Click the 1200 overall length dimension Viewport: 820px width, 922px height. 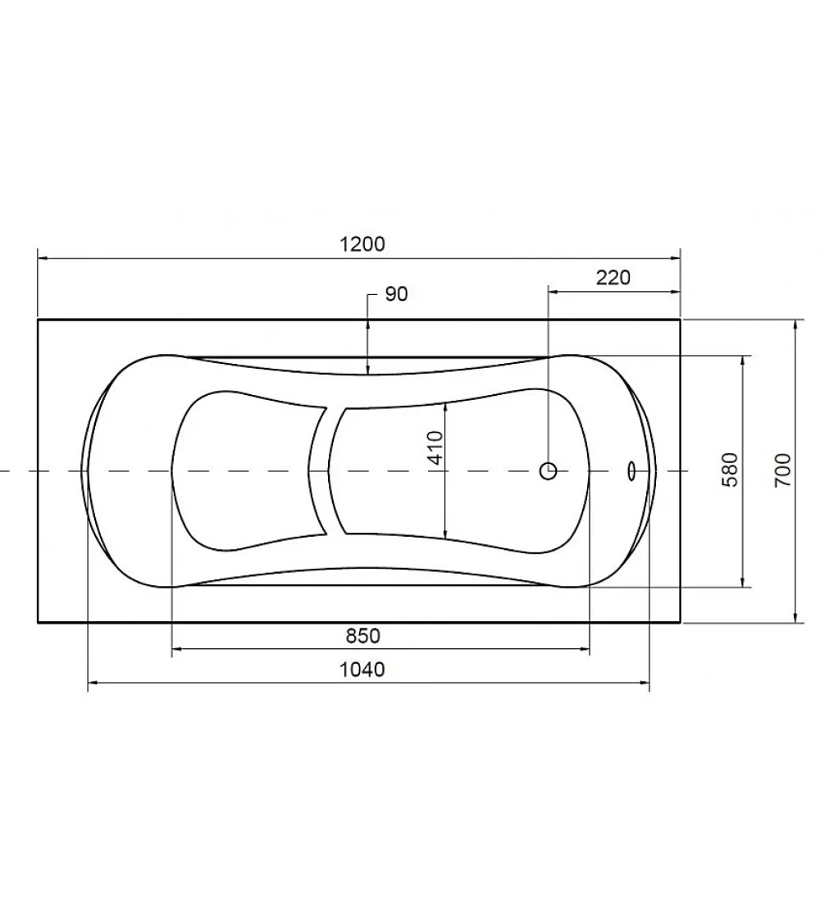click(x=362, y=244)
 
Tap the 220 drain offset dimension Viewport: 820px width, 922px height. click(x=613, y=277)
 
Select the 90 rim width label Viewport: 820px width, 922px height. click(x=396, y=294)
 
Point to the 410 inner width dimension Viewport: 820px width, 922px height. click(x=436, y=448)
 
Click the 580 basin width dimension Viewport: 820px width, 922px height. click(x=730, y=470)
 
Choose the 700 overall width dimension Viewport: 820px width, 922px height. click(x=782, y=470)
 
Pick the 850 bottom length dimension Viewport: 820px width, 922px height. click(x=363, y=636)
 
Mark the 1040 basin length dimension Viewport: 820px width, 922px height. click(x=362, y=669)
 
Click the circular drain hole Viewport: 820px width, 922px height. click(x=549, y=470)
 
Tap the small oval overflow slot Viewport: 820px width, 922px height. click(x=631, y=470)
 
